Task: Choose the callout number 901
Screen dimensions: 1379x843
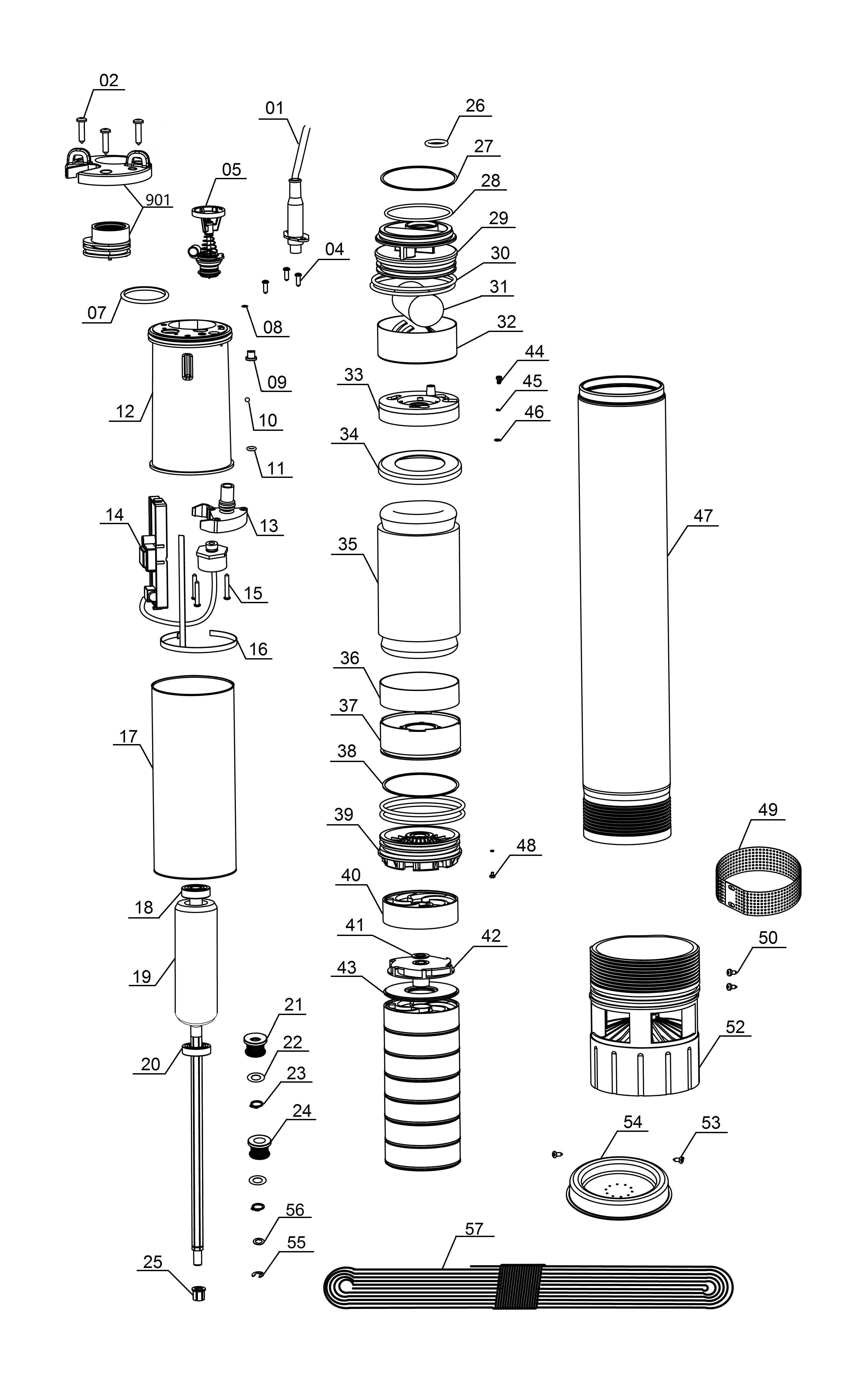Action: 158,200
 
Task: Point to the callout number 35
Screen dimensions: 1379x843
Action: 348,544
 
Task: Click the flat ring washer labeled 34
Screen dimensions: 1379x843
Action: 420,466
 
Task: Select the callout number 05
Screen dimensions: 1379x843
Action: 231,170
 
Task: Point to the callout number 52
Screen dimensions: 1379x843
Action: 735,1027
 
